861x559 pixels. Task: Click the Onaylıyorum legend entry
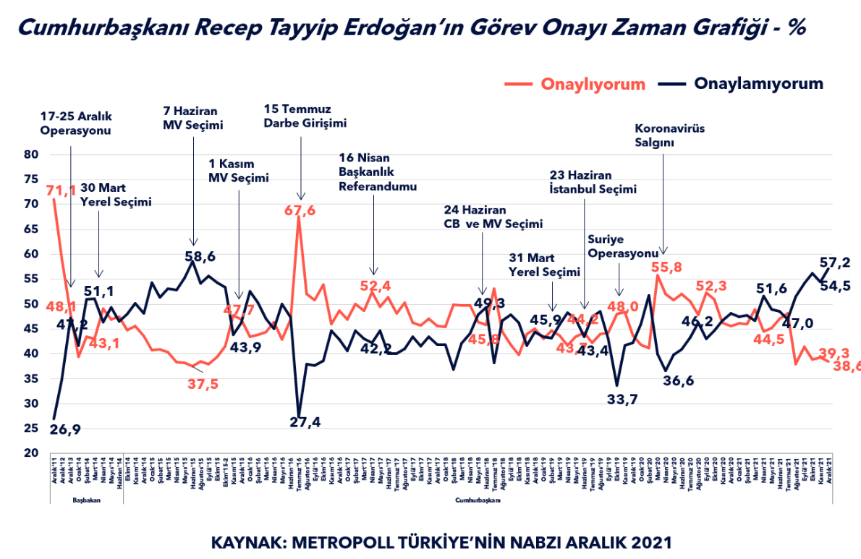(x=593, y=84)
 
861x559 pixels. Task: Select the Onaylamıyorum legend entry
(x=758, y=84)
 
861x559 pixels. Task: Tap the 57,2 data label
(x=834, y=263)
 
